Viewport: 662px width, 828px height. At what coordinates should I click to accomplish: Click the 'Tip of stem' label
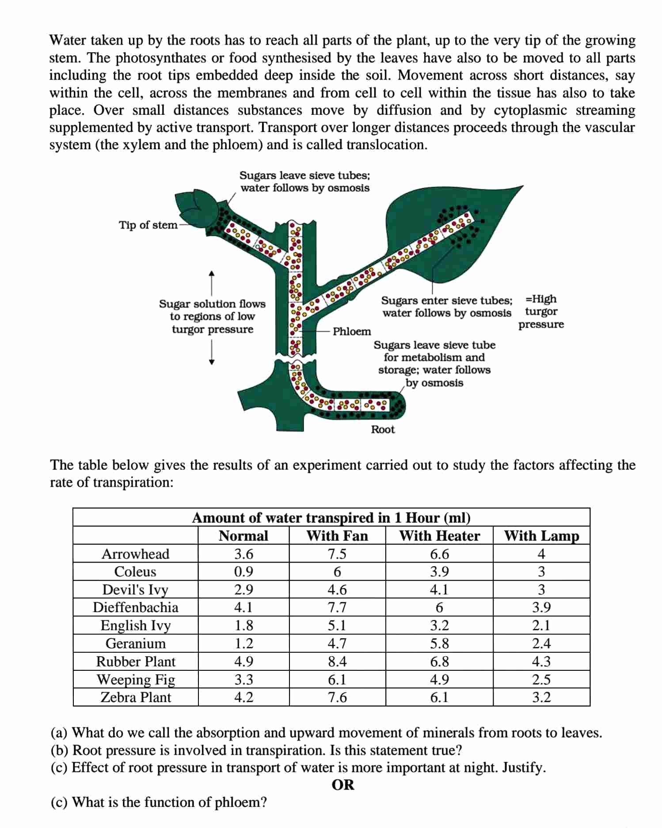click(148, 225)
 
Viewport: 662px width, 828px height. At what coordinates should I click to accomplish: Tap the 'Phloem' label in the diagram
click(351, 331)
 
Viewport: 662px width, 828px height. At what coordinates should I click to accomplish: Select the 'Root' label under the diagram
click(383, 429)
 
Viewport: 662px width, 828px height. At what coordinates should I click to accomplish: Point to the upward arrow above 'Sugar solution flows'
click(212, 282)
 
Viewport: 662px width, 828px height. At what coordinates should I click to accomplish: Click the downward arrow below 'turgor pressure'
click(212, 353)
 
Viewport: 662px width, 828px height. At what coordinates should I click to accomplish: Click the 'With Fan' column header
click(337, 536)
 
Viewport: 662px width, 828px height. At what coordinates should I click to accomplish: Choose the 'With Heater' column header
click(439, 536)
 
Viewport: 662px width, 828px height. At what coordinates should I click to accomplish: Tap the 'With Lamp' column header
click(541, 536)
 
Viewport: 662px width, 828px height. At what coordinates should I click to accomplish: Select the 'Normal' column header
click(243, 536)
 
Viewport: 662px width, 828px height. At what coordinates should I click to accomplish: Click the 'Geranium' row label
click(136, 643)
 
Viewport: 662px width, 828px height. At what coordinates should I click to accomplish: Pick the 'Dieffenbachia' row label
click(136, 607)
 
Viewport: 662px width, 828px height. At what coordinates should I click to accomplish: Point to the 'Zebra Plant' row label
click(136, 697)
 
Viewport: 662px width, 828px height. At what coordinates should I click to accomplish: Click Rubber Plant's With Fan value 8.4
click(337, 662)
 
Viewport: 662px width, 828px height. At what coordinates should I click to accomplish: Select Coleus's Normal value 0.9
click(243, 571)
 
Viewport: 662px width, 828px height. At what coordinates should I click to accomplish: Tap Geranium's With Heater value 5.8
click(439, 643)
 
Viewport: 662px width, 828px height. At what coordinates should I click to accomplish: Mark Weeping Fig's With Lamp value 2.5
click(541, 679)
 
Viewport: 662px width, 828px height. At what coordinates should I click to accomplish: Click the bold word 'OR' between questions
click(343, 785)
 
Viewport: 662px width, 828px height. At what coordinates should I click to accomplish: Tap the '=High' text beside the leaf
click(541, 299)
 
